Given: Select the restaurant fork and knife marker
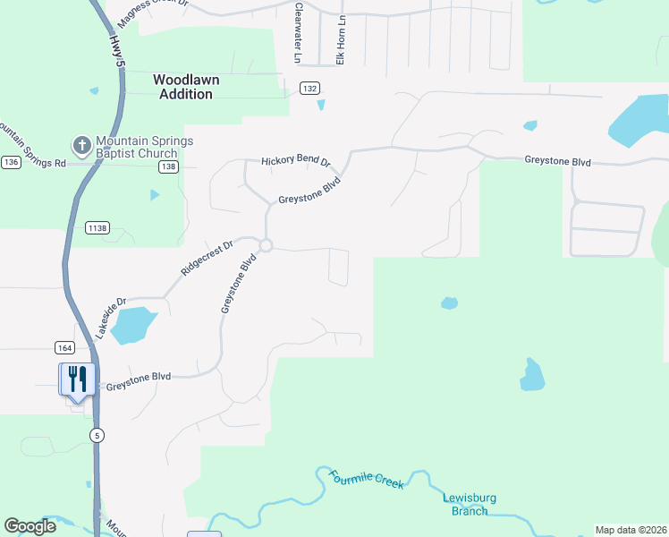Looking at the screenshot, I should tap(77, 379).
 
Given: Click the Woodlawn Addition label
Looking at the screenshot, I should tap(187, 87).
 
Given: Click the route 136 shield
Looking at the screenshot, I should tap(11, 162).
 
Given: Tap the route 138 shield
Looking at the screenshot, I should tap(168, 166).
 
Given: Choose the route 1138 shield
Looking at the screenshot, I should tap(97, 228).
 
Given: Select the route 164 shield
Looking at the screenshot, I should tap(64, 347).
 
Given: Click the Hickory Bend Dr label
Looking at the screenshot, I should tap(296, 162).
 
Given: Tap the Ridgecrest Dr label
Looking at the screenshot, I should tap(207, 256).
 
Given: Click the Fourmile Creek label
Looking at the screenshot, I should tap(366, 479).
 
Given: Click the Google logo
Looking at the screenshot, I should tap(30, 526).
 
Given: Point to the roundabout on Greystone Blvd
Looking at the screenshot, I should tap(266, 245).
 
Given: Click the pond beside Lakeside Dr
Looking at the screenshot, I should tap(133, 324).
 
